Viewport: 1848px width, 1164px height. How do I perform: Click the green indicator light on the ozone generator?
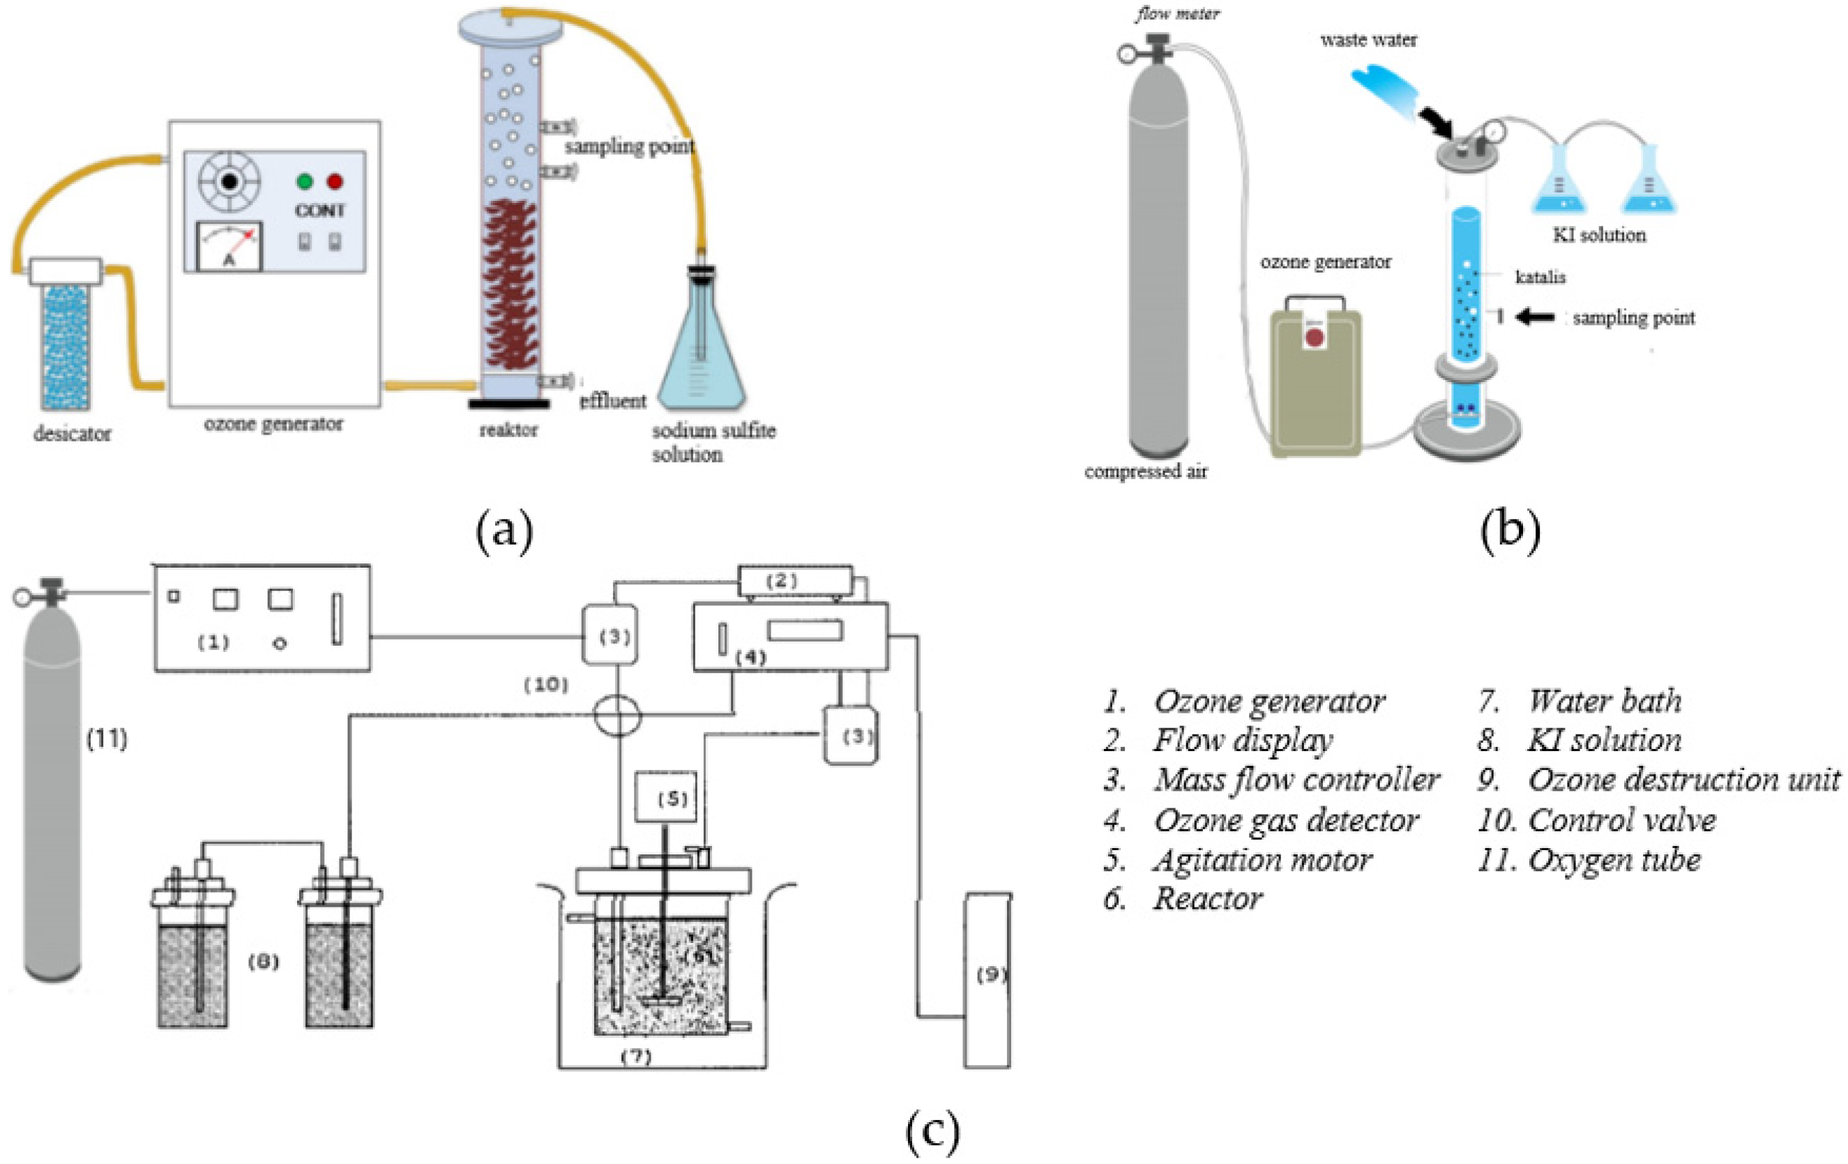click(305, 182)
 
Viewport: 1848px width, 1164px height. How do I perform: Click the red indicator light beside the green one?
click(335, 182)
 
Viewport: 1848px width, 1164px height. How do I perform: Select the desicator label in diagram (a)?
click(72, 434)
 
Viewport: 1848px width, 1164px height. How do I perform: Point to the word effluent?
click(612, 400)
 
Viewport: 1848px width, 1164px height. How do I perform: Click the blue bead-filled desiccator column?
click(66, 345)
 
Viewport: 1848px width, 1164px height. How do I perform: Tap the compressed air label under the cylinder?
click(1145, 471)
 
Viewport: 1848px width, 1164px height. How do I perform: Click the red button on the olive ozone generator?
click(1315, 338)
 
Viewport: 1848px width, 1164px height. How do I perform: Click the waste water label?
click(1368, 40)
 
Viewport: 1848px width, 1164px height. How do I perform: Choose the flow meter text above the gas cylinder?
click(1177, 13)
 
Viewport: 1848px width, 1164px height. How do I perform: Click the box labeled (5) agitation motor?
click(665, 798)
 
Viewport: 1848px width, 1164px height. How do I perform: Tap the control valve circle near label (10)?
click(618, 715)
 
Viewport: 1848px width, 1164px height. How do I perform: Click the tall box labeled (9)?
click(987, 980)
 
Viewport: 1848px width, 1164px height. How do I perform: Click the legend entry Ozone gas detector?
click(1285, 820)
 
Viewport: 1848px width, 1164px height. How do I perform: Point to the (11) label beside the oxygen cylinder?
click(107, 739)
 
